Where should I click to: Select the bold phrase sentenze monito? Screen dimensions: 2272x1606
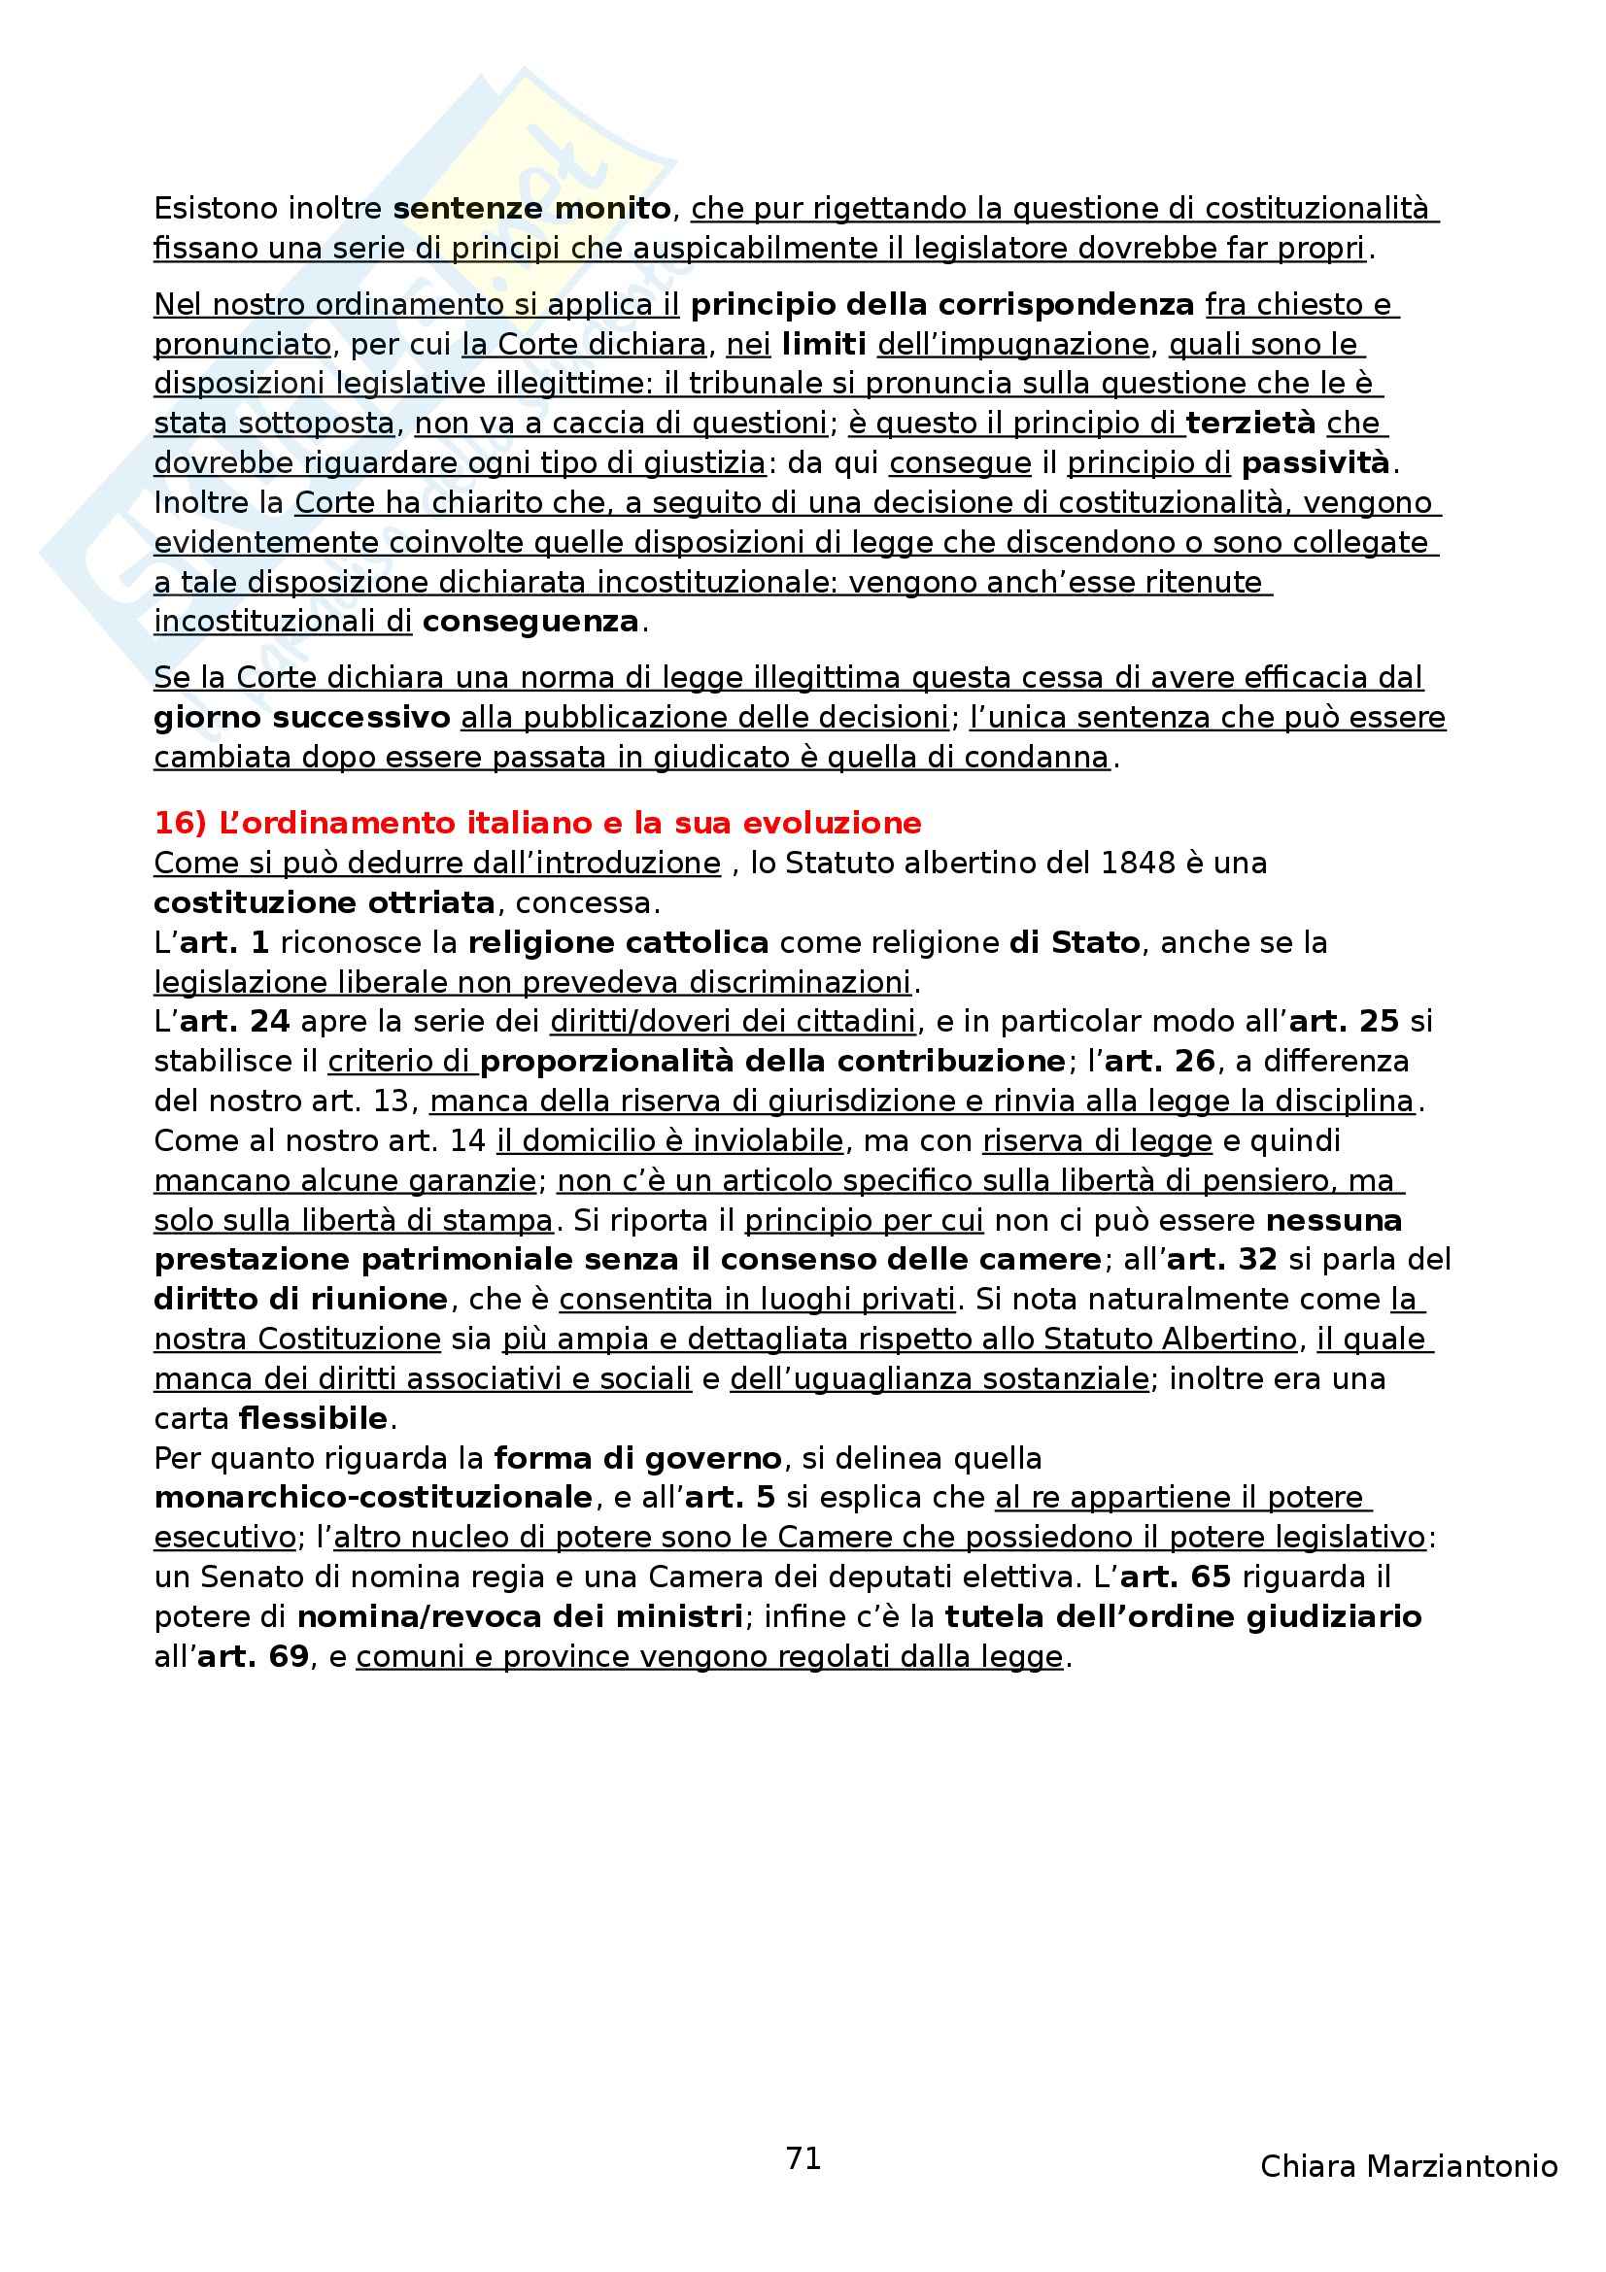click(x=532, y=209)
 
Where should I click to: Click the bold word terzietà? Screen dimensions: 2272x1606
click(x=1250, y=424)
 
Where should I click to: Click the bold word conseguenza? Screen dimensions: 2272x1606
click(x=530, y=623)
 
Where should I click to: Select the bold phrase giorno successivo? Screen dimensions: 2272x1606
click(x=302, y=718)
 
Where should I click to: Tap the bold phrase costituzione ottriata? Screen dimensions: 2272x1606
click(x=325, y=903)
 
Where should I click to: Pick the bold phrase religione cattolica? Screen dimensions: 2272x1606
click(x=619, y=943)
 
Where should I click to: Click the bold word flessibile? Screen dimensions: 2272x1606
click(x=313, y=1419)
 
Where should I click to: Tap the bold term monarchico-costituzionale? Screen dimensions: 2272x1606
click(x=373, y=1498)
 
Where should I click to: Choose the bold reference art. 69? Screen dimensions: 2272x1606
click(x=254, y=1656)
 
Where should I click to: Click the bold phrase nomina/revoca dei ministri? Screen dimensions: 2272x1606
click(x=521, y=1617)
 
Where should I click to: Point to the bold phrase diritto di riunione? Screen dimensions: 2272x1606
click(x=301, y=1300)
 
